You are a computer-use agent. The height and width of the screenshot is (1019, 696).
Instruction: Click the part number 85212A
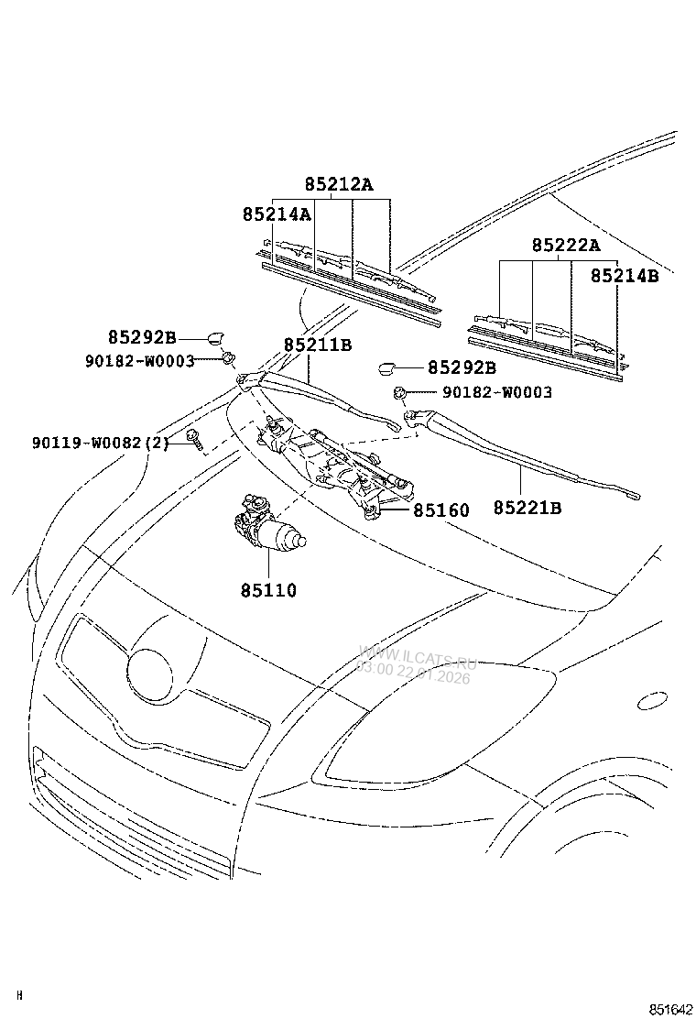click(x=339, y=185)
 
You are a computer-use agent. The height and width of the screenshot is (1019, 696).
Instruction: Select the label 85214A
click(x=277, y=214)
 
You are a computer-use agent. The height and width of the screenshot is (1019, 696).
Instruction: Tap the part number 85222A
click(x=565, y=246)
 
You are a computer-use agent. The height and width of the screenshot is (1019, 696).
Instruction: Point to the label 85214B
click(x=624, y=275)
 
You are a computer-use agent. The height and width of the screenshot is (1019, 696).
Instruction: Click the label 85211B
click(x=318, y=345)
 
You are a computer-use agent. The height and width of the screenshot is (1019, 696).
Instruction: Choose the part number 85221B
click(x=527, y=508)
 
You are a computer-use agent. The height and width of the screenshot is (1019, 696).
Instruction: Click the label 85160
click(x=440, y=510)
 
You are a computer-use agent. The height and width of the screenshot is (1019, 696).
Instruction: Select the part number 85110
click(x=268, y=591)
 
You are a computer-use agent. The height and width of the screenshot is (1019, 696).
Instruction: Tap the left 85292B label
click(x=142, y=336)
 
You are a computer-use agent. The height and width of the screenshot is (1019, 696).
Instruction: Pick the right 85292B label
click(x=462, y=368)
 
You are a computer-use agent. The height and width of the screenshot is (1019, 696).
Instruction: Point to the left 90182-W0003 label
click(x=138, y=361)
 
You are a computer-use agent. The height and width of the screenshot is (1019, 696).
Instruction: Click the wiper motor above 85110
click(x=266, y=528)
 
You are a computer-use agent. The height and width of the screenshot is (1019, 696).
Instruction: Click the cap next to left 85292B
click(x=220, y=336)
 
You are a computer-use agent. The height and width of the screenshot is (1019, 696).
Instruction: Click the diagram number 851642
click(x=671, y=1008)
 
